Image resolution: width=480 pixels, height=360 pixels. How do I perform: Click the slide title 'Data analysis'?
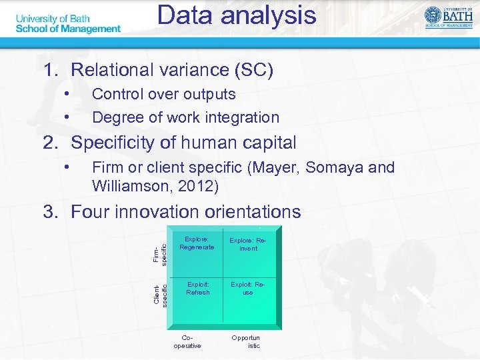(x=237, y=15)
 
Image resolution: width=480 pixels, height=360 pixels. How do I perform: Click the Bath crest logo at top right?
(x=447, y=17)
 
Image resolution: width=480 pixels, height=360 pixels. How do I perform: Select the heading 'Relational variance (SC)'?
(x=172, y=70)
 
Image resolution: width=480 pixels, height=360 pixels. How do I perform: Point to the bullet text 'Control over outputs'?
(x=163, y=94)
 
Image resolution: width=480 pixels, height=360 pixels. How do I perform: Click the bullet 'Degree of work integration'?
(x=185, y=117)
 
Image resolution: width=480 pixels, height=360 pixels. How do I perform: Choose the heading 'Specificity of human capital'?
(x=183, y=143)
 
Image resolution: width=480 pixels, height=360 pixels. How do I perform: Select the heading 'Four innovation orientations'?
(x=185, y=212)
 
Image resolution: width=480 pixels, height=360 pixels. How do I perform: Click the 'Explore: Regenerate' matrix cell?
(x=197, y=243)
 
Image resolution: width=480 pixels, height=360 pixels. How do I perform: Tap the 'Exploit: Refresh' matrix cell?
(x=198, y=289)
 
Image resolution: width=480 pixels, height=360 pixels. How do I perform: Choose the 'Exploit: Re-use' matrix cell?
(x=248, y=289)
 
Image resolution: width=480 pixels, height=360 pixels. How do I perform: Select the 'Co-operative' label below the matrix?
(x=187, y=342)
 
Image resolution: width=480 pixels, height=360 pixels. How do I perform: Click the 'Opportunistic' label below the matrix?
(x=246, y=342)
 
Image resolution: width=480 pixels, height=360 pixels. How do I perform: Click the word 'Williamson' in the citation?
(x=127, y=186)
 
